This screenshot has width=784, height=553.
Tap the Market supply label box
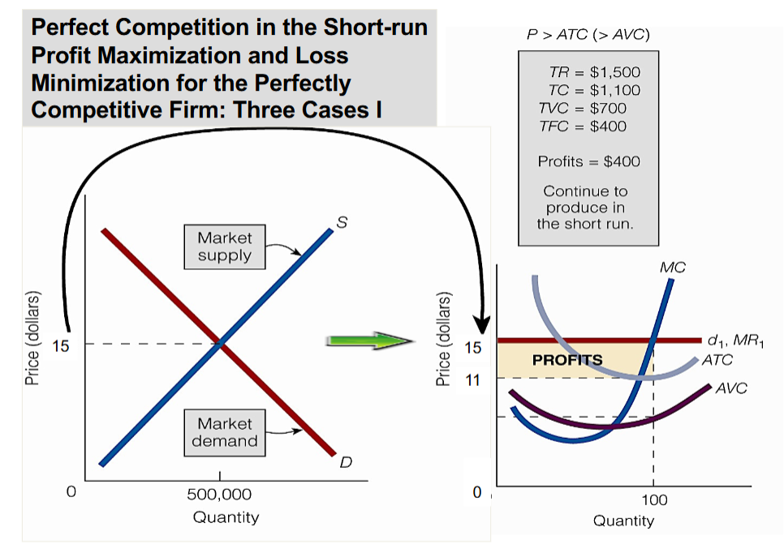(x=225, y=246)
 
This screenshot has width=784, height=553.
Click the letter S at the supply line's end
(x=342, y=222)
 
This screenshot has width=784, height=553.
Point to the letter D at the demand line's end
(x=345, y=463)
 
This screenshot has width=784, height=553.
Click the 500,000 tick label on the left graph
(x=219, y=495)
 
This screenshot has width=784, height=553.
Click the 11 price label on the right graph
(x=473, y=379)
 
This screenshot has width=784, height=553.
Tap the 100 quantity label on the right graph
(x=653, y=500)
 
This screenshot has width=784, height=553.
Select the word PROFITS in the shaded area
(x=567, y=359)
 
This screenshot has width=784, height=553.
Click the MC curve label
(x=673, y=267)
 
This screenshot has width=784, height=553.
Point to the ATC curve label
(x=717, y=360)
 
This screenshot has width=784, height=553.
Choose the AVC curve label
(x=730, y=388)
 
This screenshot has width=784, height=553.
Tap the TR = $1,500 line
(x=589, y=72)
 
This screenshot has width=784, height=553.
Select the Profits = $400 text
(x=588, y=161)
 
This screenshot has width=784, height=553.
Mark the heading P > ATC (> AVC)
(x=588, y=35)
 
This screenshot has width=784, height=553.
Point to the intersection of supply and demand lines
(x=219, y=344)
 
